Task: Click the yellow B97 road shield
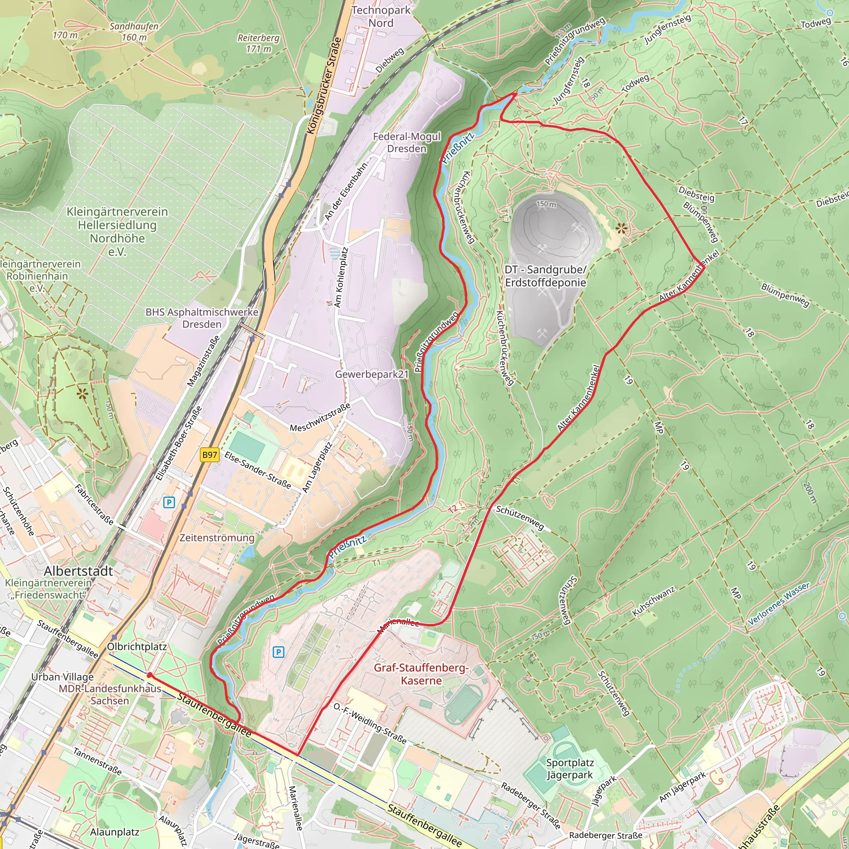[x=210, y=455]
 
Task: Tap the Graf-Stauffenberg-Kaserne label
[x=421, y=674]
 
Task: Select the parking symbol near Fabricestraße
[x=169, y=502]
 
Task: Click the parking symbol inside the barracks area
[x=278, y=652]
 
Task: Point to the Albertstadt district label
[x=79, y=571]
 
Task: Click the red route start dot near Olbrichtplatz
[x=149, y=675]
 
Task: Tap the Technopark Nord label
[x=381, y=16]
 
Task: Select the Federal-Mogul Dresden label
[x=407, y=142]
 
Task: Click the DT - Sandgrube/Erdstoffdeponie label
[x=546, y=276]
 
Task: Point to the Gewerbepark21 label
[x=372, y=374]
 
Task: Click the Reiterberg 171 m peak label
[x=258, y=43]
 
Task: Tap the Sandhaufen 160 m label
[x=134, y=32]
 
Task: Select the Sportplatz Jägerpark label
[x=570, y=769]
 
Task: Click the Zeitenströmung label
[x=217, y=538]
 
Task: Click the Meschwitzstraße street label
[x=320, y=417]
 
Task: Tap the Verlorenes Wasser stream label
[x=778, y=603]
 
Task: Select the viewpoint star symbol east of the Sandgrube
[x=621, y=228]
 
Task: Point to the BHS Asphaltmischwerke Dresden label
[x=202, y=318]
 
